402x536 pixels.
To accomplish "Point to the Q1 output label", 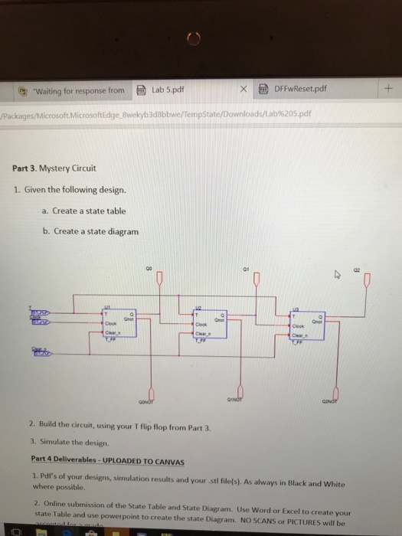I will click(250, 268).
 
